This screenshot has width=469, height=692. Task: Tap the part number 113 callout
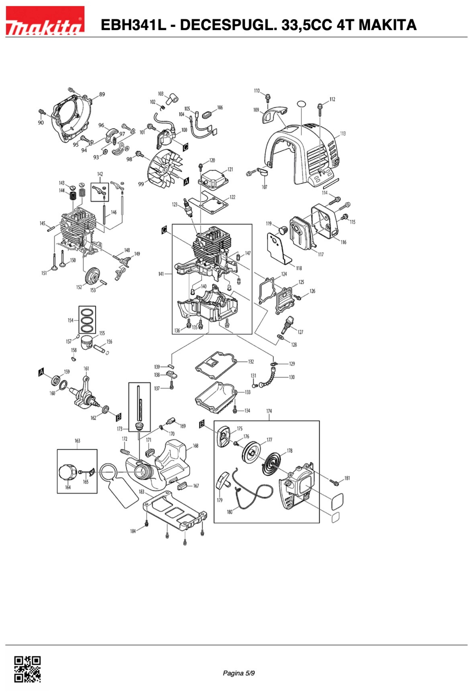342,134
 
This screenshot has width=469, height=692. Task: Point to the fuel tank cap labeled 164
68,472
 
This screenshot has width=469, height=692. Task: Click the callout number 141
161,274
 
